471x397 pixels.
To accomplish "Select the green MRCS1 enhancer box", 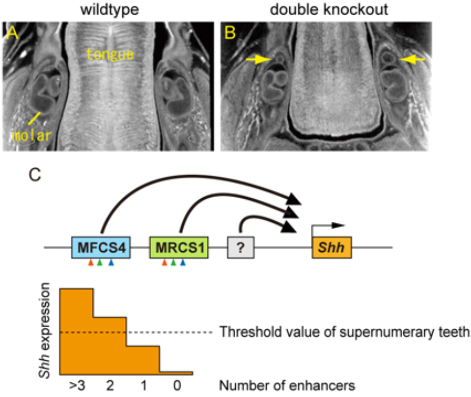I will click(179, 248).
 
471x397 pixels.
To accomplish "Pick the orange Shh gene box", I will click(332, 248).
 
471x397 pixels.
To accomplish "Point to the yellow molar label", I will click(26, 136).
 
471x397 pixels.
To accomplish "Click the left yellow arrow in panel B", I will click(260, 60).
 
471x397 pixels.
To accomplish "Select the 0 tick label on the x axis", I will click(177, 386).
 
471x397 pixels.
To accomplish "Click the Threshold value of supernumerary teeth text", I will click(344, 332).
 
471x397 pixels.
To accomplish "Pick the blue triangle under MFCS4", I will click(111, 263).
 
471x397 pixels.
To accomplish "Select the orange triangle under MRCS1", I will click(164, 263).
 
